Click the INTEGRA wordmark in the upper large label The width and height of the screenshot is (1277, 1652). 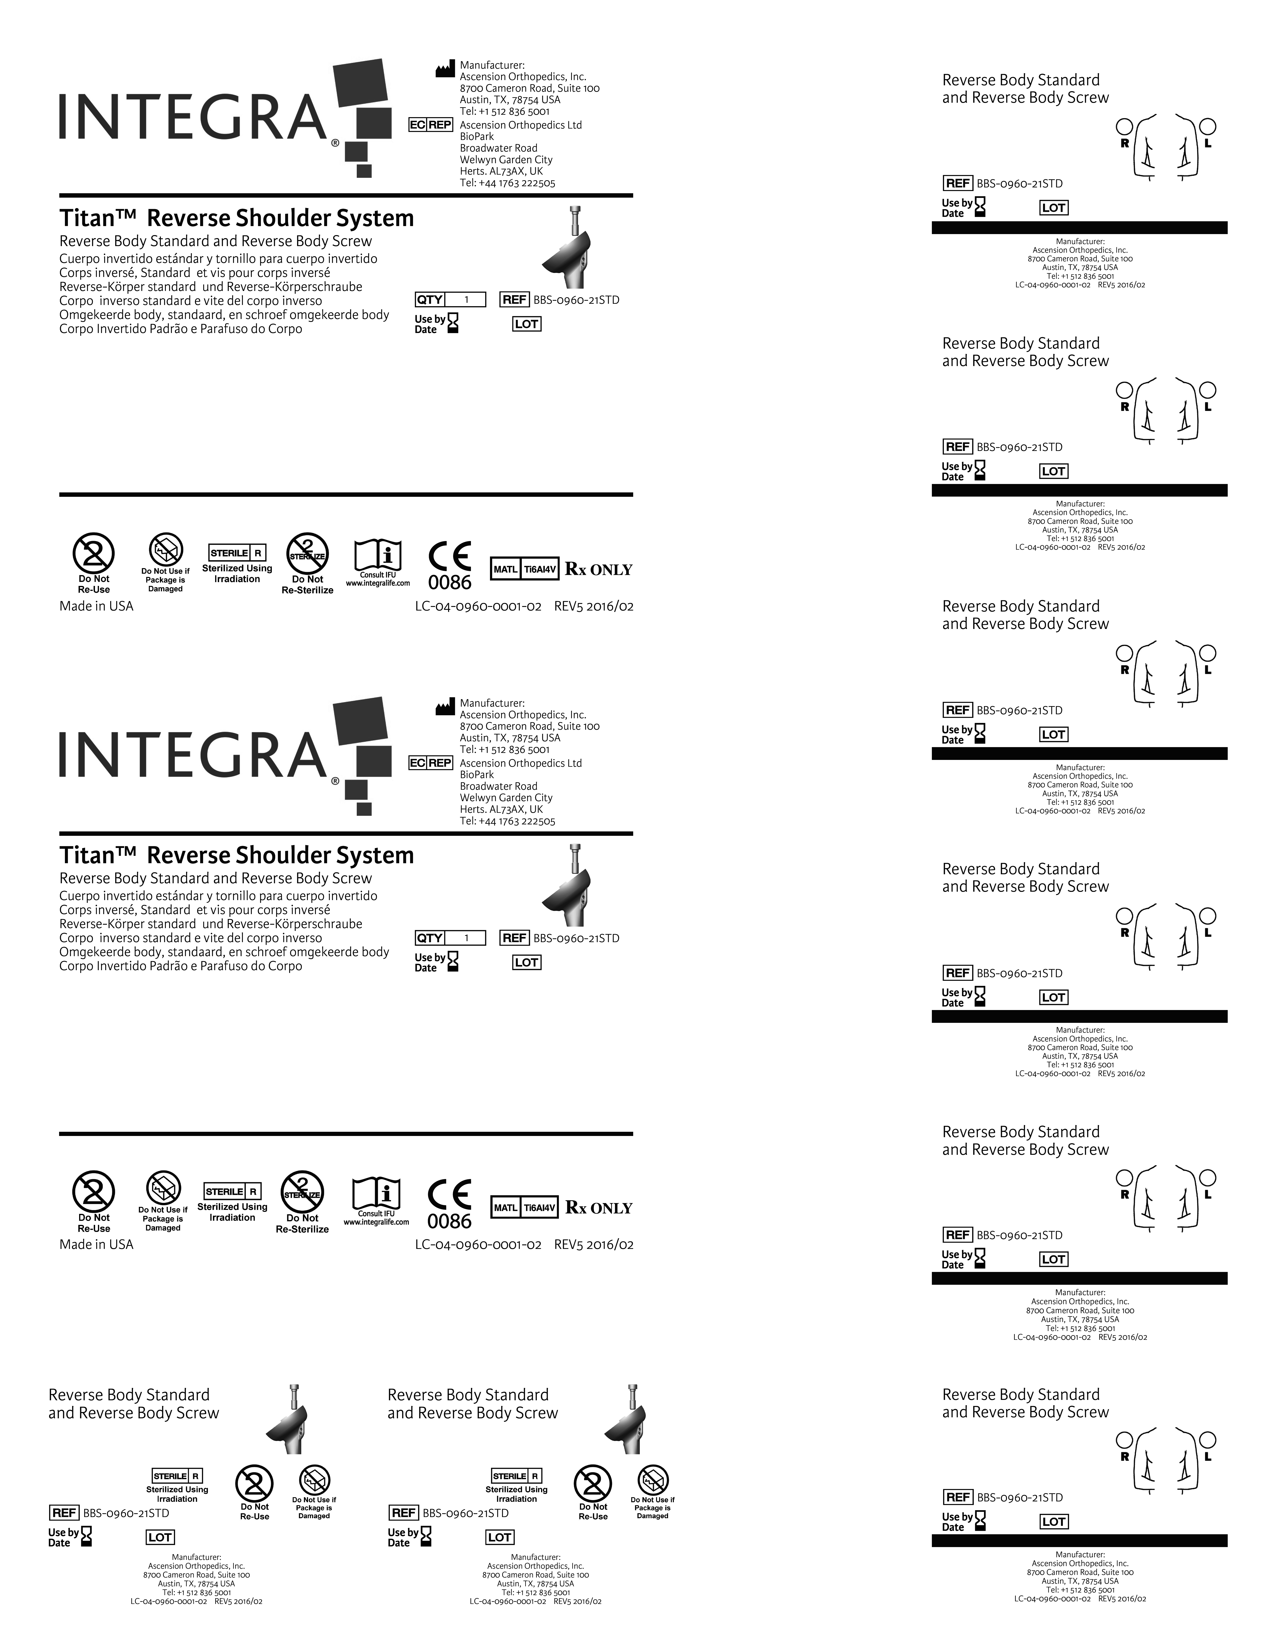click(x=193, y=117)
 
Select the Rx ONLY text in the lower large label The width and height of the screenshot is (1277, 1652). click(x=598, y=1208)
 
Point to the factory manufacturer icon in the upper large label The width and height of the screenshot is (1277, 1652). click(x=445, y=70)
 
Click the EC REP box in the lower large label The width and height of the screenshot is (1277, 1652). click(x=430, y=763)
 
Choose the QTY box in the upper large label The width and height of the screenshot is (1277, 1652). click(x=450, y=300)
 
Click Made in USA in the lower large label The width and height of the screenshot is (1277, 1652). click(x=96, y=1244)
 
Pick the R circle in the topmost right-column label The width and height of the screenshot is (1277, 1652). click(x=1124, y=126)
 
